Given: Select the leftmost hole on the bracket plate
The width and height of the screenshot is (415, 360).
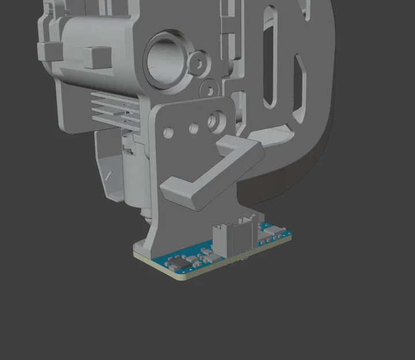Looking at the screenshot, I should coord(168,132).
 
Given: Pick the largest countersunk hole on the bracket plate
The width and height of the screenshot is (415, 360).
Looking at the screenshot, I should coord(217,120).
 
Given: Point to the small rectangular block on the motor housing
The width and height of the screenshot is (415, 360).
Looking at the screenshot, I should coord(96,57).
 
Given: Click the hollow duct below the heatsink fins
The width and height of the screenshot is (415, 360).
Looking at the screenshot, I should coord(110,164).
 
